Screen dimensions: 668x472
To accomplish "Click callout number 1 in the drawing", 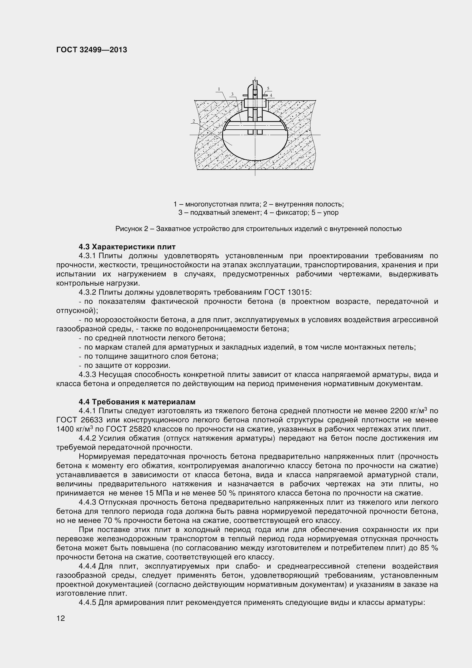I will pyautogui.click(x=219, y=89).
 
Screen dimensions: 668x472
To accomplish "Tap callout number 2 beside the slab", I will pyautogui.click(x=193, y=121).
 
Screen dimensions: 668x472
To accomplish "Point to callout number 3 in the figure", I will pyautogui.click(x=232, y=94).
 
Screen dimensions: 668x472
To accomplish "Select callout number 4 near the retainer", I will pyautogui.click(x=271, y=95).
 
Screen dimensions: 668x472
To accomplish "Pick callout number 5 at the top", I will pyautogui.click(x=268, y=89).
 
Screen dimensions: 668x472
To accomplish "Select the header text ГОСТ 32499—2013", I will pyautogui.click(x=92, y=50).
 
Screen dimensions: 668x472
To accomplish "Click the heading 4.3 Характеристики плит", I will pyautogui.click(x=127, y=247).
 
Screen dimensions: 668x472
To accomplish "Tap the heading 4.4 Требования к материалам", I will pyautogui.click(x=137, y=402).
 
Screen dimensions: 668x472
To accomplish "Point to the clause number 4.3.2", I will pyautogui.click(x=87, y=292).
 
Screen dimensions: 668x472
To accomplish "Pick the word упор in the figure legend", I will pyautogui.click(x=331, y=212).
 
